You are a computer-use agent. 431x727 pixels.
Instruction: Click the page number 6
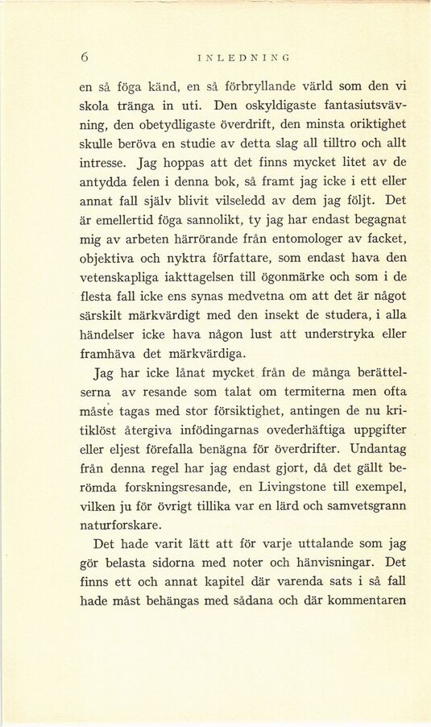(84, 56)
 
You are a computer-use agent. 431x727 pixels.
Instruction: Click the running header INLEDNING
(243, 57)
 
